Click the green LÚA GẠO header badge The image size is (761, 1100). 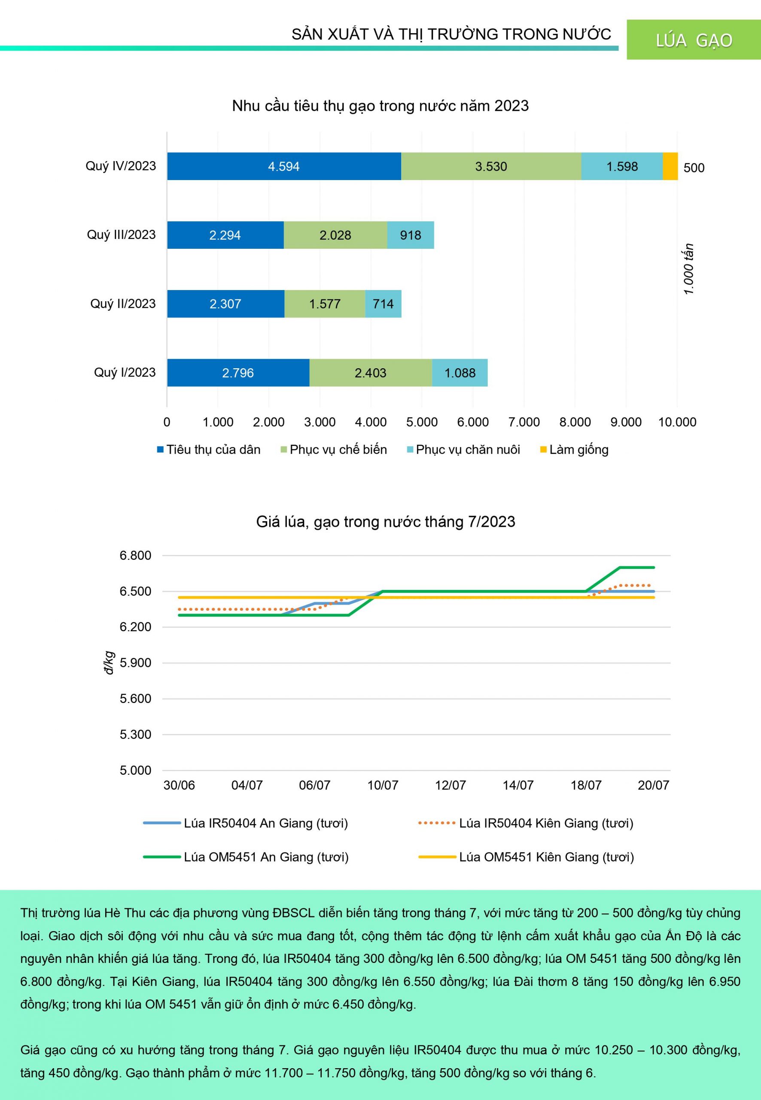click(x=693, y=40)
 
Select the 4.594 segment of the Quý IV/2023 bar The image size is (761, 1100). click(x=284, y=166)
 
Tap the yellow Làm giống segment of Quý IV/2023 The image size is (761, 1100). click(x=670, y=166)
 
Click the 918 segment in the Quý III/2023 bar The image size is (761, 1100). click(x=411, y=235)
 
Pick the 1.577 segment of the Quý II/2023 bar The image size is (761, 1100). click(x=325, y=304)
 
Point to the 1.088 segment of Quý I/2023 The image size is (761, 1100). click(x=460, y=373)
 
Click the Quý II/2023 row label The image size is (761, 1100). click(x=123, y=304)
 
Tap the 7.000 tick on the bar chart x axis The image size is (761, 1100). click(x=524, y=422)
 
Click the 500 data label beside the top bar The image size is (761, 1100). click(x=694, y=168)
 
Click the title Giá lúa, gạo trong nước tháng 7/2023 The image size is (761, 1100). click(x=385, y=521)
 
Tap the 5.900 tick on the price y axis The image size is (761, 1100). click(x=135, y=663)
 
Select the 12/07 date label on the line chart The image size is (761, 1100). click(x=450, y=785)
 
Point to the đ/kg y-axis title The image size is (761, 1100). click(x=109, y=663)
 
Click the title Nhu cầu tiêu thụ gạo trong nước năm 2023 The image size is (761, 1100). click(x=380, y=106)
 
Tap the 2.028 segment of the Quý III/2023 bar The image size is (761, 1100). click(x=335, y=235)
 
